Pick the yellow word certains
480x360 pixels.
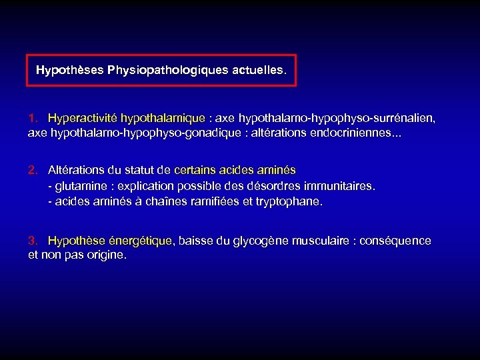tap(195, 170)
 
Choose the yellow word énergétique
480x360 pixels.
tap(140, 241)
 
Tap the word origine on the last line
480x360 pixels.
tap(105, 255)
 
